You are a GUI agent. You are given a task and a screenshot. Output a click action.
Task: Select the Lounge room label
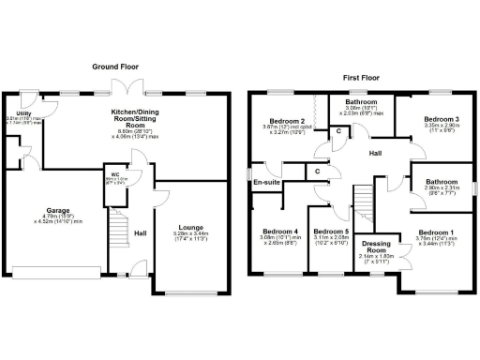[190, 226]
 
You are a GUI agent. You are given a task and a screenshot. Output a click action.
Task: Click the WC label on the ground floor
[114, 173]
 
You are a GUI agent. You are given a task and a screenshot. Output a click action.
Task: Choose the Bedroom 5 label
[331, 232]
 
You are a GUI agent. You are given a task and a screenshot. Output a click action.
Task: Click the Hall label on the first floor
[375, 152]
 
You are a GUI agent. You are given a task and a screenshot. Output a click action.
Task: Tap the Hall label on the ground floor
[140, 233]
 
